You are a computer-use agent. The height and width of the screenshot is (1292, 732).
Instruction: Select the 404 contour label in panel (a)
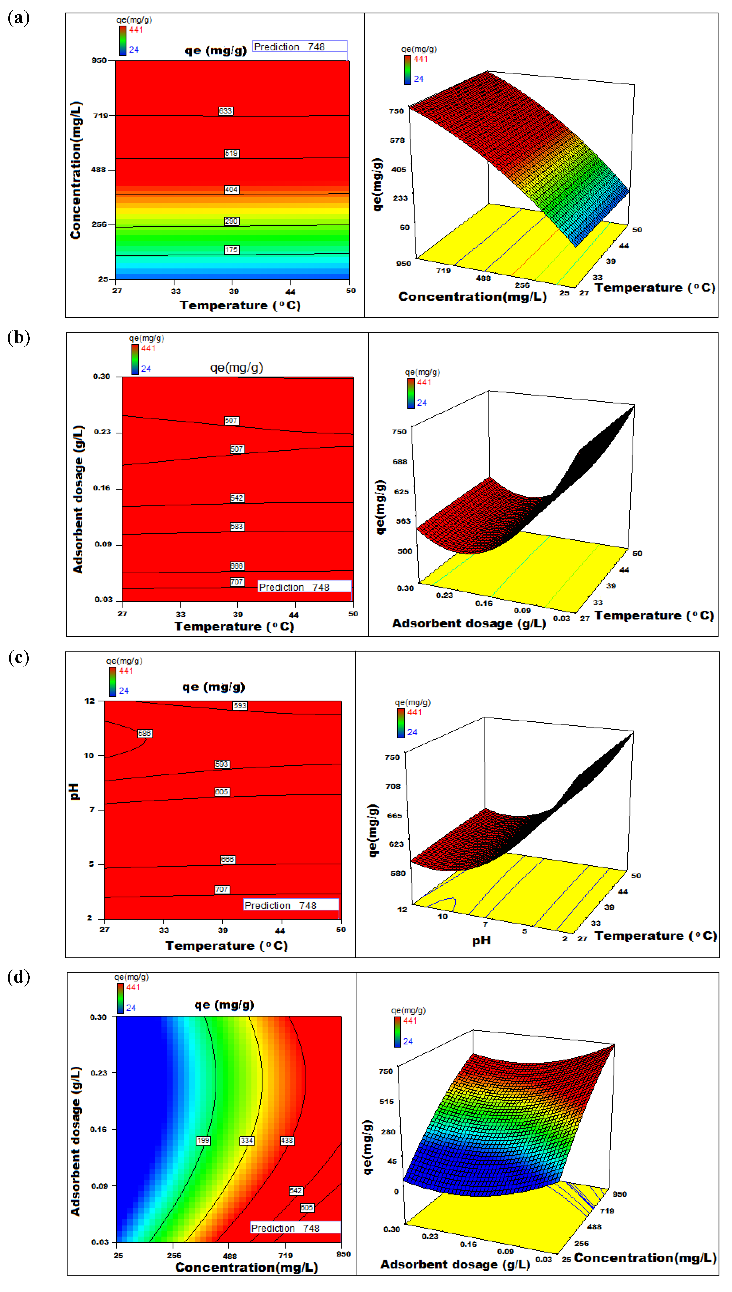click(231, 190)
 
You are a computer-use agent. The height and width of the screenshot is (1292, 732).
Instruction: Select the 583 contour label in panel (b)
click(237, 527)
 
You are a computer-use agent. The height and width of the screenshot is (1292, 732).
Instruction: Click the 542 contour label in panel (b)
click(237, 498)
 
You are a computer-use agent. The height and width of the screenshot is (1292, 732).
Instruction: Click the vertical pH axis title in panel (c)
click(74, 791)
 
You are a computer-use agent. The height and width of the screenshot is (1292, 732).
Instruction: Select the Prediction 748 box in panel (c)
click(291, 905)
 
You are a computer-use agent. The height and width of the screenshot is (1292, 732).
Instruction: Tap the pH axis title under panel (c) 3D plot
click(481, 941)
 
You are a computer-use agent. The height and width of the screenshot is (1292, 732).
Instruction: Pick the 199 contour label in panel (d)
click(203, 1141)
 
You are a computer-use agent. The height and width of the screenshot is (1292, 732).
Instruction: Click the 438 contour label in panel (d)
click(287, 1141)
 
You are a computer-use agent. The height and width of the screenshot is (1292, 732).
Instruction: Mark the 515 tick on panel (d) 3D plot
click(387, 1101)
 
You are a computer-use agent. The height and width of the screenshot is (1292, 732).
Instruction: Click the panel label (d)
click(18, 977)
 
